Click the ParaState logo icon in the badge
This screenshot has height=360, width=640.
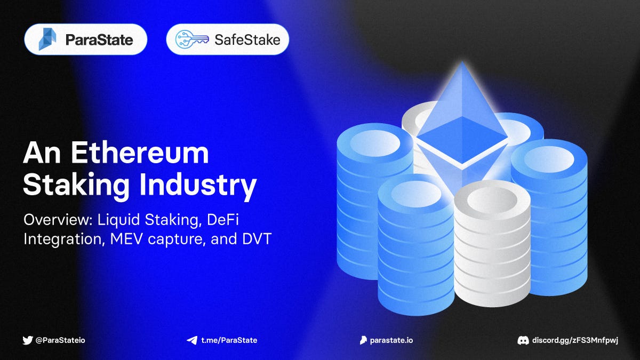click(47, 39)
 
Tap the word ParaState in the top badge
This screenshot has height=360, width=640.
click(99, 39)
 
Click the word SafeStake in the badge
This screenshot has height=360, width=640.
click(247, 39)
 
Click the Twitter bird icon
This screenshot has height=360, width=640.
click(28, 340)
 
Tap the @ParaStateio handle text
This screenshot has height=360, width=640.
click(60, 340)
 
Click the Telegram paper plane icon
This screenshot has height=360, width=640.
click(191, 340)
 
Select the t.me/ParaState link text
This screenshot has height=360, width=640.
click(229, 340)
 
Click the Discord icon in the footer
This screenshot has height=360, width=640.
click(523, 340)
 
